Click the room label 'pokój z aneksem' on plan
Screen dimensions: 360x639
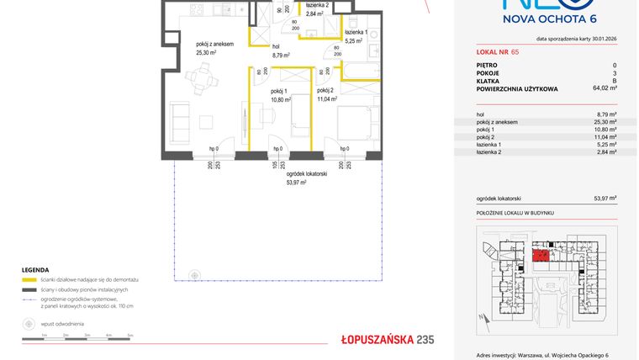(214, 44)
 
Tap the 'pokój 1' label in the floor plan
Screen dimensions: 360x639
(279, 92)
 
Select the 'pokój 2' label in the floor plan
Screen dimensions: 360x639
(326, 90)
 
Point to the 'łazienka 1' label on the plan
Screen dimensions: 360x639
(356, 31)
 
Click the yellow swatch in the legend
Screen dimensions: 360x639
(29, 278)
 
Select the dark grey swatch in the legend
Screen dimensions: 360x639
(29, 289)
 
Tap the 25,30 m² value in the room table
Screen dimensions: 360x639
(606, 122)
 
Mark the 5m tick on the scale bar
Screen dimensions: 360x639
(130, 335)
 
